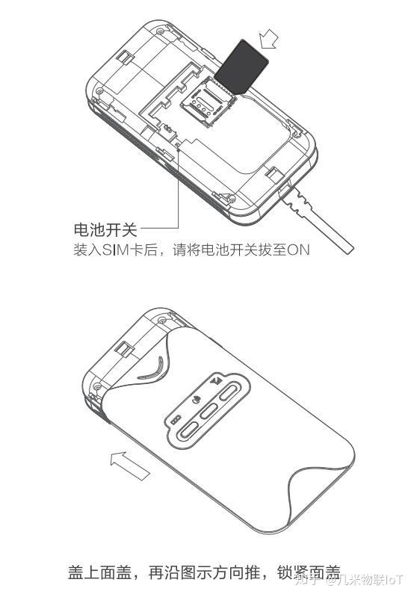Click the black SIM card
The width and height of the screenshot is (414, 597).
(241, 66)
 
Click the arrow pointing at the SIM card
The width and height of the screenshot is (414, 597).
(269, 39)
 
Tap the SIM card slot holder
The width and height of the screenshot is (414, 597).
(208, 102)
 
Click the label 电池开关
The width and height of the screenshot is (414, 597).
(105, 229)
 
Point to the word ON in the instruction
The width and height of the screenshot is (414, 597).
(298, 250)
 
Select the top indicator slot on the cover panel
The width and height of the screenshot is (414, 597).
(229, 392)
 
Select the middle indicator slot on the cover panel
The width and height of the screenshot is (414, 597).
(209, 411)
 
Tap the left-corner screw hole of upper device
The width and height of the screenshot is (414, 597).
(100, 91)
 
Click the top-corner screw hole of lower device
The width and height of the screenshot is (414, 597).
(162, 320)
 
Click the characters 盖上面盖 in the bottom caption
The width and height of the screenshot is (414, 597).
(100, 572)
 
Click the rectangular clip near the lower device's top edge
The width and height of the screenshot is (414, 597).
(125, 347)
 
